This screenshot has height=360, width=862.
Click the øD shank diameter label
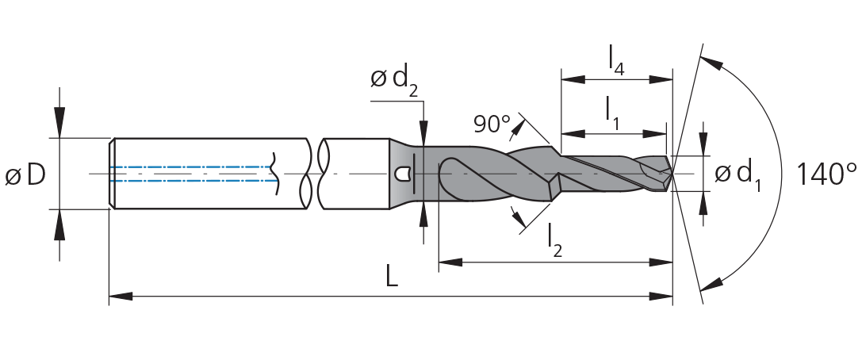click(25, 174)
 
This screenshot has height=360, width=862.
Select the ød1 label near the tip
click(737, 176)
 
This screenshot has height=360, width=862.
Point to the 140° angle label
click(826, 174)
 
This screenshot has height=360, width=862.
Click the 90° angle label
click(492, 124)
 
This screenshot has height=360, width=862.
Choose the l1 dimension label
click(612, 113)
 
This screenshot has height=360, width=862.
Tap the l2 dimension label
click(555, 241)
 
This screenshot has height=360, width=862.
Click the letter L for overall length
click(391, 278)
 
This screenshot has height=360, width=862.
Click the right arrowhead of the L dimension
click(661, 297)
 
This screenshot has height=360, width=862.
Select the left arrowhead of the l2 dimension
click(450, 262)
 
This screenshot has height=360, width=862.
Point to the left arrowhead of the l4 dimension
click(573, 80)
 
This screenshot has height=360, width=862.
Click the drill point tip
click(673, 174)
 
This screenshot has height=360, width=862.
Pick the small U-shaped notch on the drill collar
click(404, 174)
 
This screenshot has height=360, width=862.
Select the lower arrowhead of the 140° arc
click(711, 283)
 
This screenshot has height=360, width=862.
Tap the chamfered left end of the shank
click(112, 174)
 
